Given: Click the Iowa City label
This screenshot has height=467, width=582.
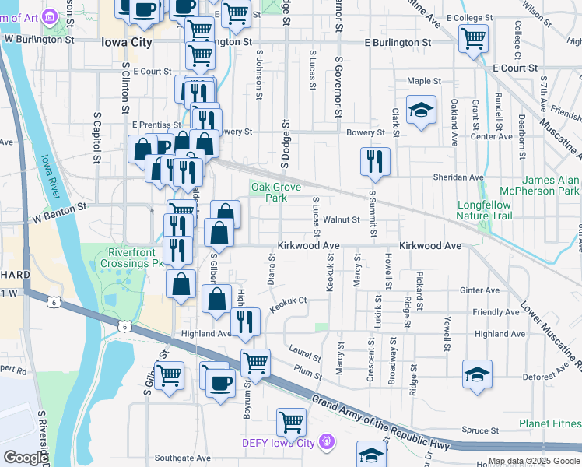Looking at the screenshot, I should click(126, 43).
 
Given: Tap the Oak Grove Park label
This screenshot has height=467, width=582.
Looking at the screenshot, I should click(268, 191).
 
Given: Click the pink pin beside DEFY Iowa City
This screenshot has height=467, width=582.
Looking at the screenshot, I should click(326, 443).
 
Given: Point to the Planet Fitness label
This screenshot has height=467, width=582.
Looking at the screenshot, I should click(549, 424).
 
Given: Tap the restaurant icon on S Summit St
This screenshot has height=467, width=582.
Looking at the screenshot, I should click(375, 161).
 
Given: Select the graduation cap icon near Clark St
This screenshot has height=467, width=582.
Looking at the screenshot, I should click(421, 110).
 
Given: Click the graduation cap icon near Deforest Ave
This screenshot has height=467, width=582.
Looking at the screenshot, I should click(477, 374).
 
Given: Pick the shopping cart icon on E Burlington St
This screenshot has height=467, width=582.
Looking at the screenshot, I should click(473, 37).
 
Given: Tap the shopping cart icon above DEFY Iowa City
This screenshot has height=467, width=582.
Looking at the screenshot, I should click(291, 422).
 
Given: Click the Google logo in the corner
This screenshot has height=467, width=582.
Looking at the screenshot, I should click(25, 458).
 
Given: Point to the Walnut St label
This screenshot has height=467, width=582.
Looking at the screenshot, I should click(342, 220).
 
